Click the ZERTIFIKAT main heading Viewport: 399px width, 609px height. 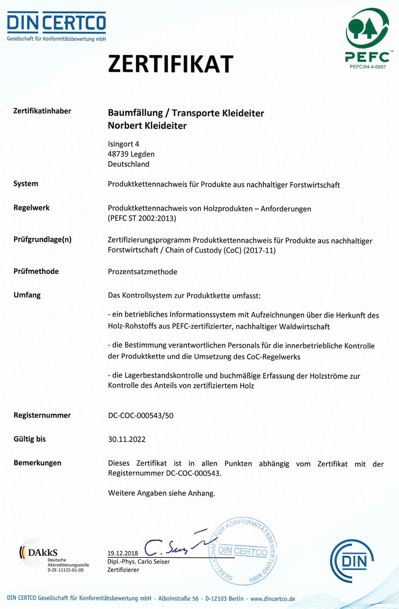coord(171,64)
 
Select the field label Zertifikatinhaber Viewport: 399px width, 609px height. coord(43,111)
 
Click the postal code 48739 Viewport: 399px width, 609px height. coord(118,154)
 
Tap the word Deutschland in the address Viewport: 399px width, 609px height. coord(129,164)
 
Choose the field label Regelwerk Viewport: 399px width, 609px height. coord(31,207)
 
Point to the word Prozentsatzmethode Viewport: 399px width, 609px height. coord(143,271)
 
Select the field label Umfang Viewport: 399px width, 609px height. coord(27,295)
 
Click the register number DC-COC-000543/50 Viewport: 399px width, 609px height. coord(141,415)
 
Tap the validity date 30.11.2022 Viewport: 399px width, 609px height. coord(126,439)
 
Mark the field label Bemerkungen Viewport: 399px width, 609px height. coord(38,462)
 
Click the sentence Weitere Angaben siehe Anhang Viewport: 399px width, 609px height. coord(161,494)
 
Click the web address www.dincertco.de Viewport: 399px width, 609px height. coord(273,598)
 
